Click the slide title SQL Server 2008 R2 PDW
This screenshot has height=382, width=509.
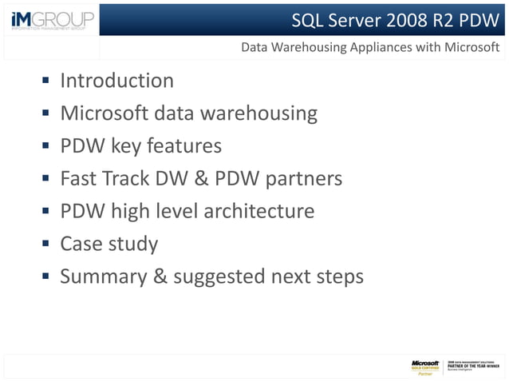pos(395,18)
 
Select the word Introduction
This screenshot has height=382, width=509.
pos(116,81)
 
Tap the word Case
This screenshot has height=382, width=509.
pos(82,244)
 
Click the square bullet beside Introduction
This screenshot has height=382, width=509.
pos(46,82)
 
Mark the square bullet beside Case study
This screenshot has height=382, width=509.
pos(46,245)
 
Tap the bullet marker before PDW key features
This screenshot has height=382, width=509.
pos(46,147)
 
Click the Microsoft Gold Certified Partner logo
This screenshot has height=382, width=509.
pos(425,367)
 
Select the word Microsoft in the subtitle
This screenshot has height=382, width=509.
pos(468,47)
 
